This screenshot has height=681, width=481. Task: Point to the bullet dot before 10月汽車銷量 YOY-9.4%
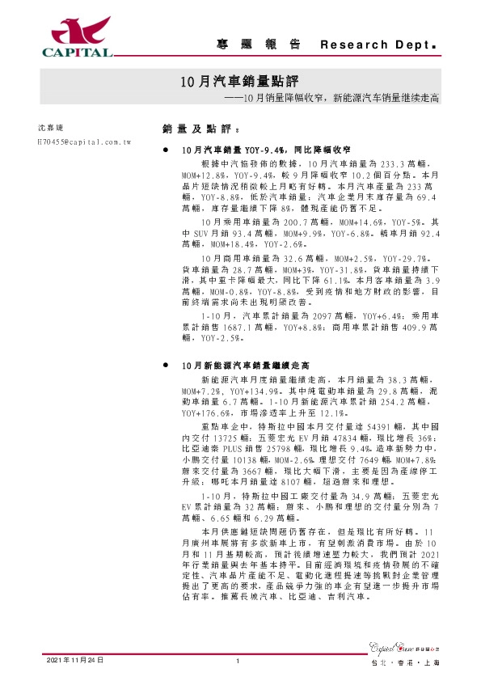tap(167, 150)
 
